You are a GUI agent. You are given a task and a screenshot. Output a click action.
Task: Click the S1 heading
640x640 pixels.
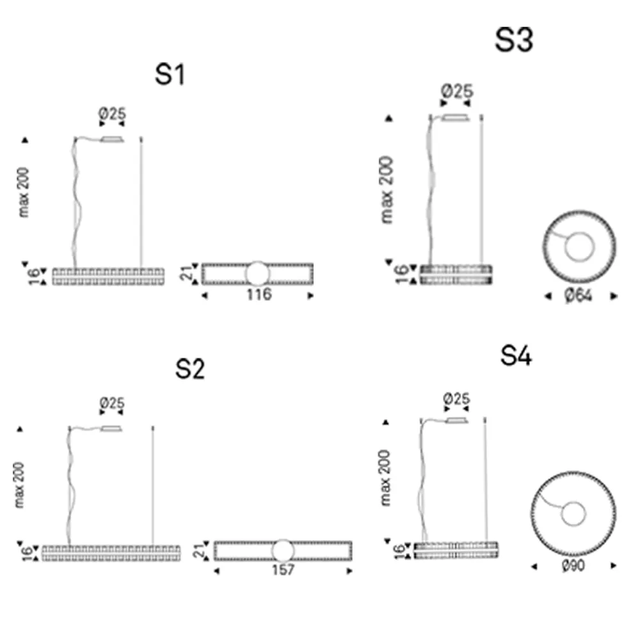tap(170, 74)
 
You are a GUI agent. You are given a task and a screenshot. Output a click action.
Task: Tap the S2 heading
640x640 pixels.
tap(190, 369)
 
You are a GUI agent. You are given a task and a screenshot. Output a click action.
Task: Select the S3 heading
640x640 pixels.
tap(514, 40)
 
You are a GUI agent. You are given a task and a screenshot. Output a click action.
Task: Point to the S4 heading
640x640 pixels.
tap(516, 355)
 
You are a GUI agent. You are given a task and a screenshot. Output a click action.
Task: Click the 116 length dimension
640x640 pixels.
tap(259, 294)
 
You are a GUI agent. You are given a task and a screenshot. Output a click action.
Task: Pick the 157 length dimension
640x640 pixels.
tap(283, 570)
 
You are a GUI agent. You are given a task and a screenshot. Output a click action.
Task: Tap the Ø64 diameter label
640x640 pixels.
tap(579, 296)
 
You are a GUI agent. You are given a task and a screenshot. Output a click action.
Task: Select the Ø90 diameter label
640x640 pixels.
tap(573, 565)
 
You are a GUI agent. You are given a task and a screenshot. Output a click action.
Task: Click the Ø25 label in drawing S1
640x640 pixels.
tap(112, 113)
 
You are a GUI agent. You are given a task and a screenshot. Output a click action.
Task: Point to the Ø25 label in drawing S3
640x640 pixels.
tap(457, 91)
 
